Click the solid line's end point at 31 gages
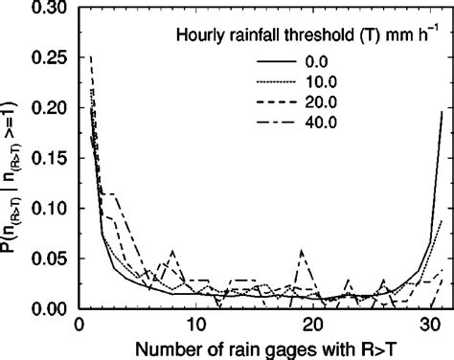click(x=442, y=112)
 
